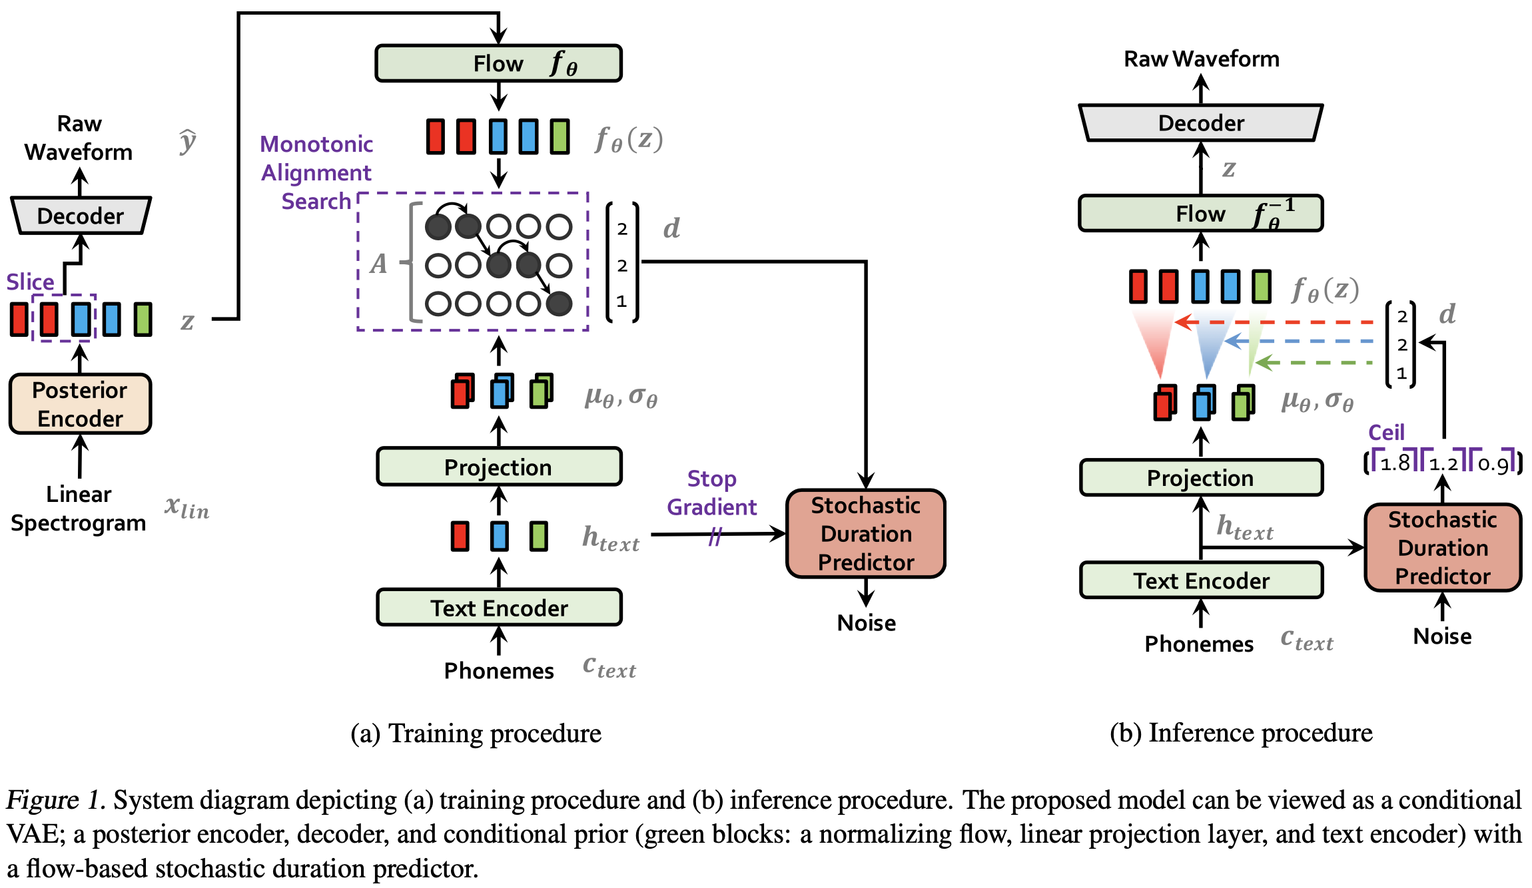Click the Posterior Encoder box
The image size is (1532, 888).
(80, 404)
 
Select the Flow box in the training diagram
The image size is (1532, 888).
(498, 63)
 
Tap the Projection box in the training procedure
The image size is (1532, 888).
(499, 467)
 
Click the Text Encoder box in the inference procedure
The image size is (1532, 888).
(1201, 580)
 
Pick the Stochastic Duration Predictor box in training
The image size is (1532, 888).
(866, 534)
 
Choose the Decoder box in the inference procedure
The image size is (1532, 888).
(1201, 122)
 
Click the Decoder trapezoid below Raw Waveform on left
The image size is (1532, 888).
(81, 216)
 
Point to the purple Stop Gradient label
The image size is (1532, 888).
(711, 493)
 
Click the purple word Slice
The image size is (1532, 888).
(30, 282)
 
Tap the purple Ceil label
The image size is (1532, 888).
(1386, 433)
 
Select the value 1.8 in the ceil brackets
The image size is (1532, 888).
(1395, 463)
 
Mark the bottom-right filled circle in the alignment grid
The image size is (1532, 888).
(559, 304)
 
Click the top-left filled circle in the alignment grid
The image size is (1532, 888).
(438, 226)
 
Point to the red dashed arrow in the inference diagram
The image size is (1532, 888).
(1274, 322)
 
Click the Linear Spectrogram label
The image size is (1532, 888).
(79, 509)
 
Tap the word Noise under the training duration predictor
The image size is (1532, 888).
(867, 622)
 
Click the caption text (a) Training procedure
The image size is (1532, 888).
(476, 734)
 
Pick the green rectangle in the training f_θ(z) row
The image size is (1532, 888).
(560, 136)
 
